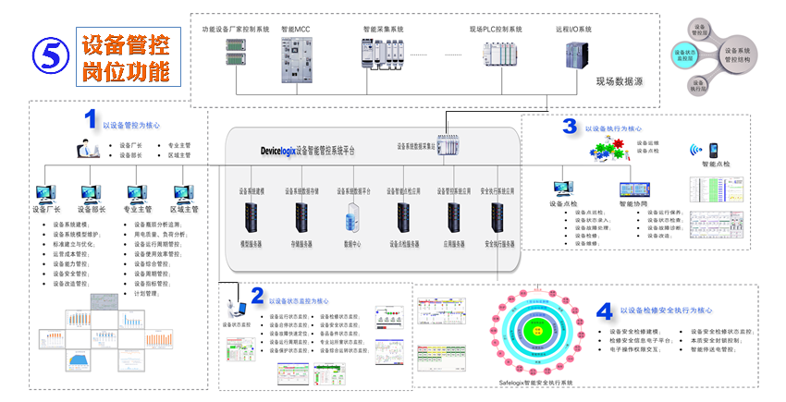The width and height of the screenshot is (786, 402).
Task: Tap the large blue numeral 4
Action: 603,311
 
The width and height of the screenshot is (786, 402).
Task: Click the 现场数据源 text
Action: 620,81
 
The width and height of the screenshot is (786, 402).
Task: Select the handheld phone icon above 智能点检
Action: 715,150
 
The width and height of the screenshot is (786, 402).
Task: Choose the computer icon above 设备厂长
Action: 46,195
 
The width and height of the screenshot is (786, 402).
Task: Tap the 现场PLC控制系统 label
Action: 496,30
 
